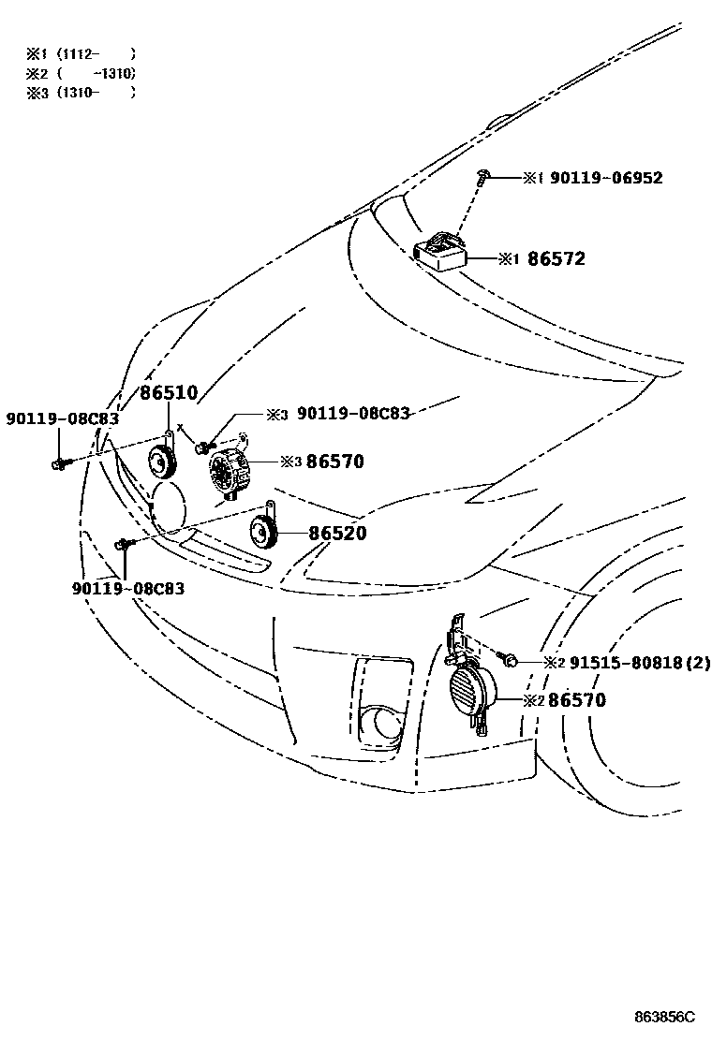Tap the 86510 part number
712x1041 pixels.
point(171,394)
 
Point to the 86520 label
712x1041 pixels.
point(337,534)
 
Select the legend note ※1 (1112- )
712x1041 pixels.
point(82,53)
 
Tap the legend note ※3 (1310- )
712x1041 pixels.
point(82,93)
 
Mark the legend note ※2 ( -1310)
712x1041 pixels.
point(82,73)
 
